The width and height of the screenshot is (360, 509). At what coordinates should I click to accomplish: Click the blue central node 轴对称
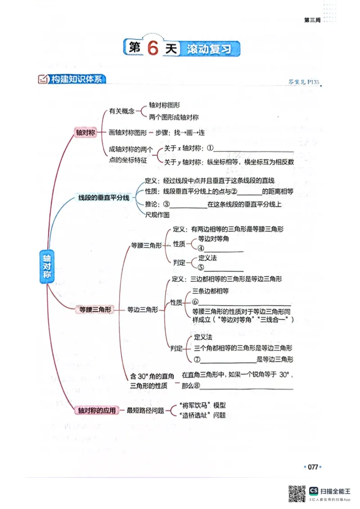[x=46, y=266]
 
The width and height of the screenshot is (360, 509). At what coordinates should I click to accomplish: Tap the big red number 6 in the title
[x=153, y=49]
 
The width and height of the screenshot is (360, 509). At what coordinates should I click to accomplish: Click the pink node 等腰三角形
[x=95, y=309]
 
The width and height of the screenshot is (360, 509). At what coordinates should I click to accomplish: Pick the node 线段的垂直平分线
[x=104, y=197]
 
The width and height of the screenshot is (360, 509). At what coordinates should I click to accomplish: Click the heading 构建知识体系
[x=76, y=80]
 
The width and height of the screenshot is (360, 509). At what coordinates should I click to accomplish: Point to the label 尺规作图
[x=157, y=215]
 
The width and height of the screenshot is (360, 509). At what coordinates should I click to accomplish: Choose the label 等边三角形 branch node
[x=142, y=309]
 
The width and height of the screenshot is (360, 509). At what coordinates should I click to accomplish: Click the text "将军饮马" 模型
[x=202, y=405]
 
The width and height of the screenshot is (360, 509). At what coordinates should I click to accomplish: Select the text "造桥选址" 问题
[x=202, y=415]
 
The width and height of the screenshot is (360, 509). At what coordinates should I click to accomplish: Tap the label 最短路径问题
[x=145, y=410]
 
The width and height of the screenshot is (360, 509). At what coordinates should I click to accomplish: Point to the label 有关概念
[x=122, y=111]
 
